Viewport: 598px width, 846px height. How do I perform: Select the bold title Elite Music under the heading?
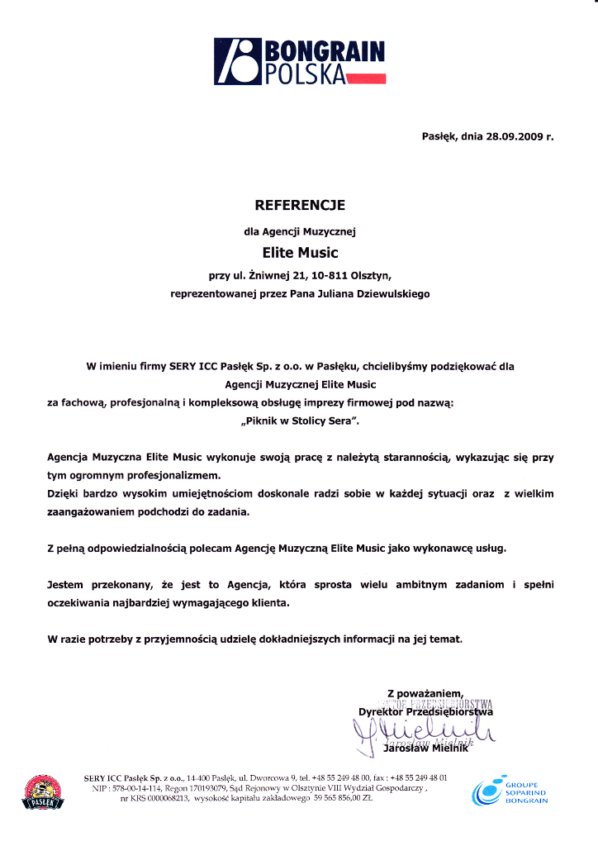click(299, 252)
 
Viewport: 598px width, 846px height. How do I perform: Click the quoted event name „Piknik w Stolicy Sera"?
click(299, 421)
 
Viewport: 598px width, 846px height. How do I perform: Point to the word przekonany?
click(130, 584)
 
